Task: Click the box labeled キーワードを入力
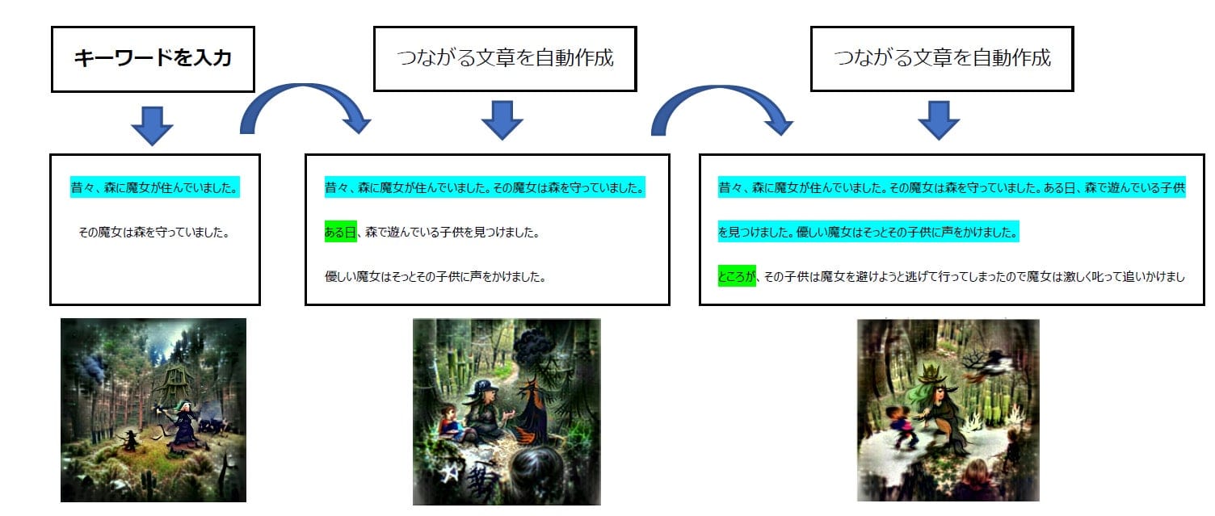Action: point(153,59)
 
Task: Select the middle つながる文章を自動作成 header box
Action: point(505,58)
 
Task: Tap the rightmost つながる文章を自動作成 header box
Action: point(942,58)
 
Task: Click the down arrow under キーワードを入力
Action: point(152,126)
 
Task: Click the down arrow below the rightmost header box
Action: point(939,120)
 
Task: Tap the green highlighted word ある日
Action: point(341,232)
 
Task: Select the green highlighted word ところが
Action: point(737,276)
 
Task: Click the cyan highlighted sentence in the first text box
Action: point(154,187)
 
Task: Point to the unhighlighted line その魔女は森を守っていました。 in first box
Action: point(154,233)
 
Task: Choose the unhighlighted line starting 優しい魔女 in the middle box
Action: point(435,277)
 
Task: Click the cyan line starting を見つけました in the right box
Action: point(868,232)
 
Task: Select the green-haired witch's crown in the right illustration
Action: point(932,373)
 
